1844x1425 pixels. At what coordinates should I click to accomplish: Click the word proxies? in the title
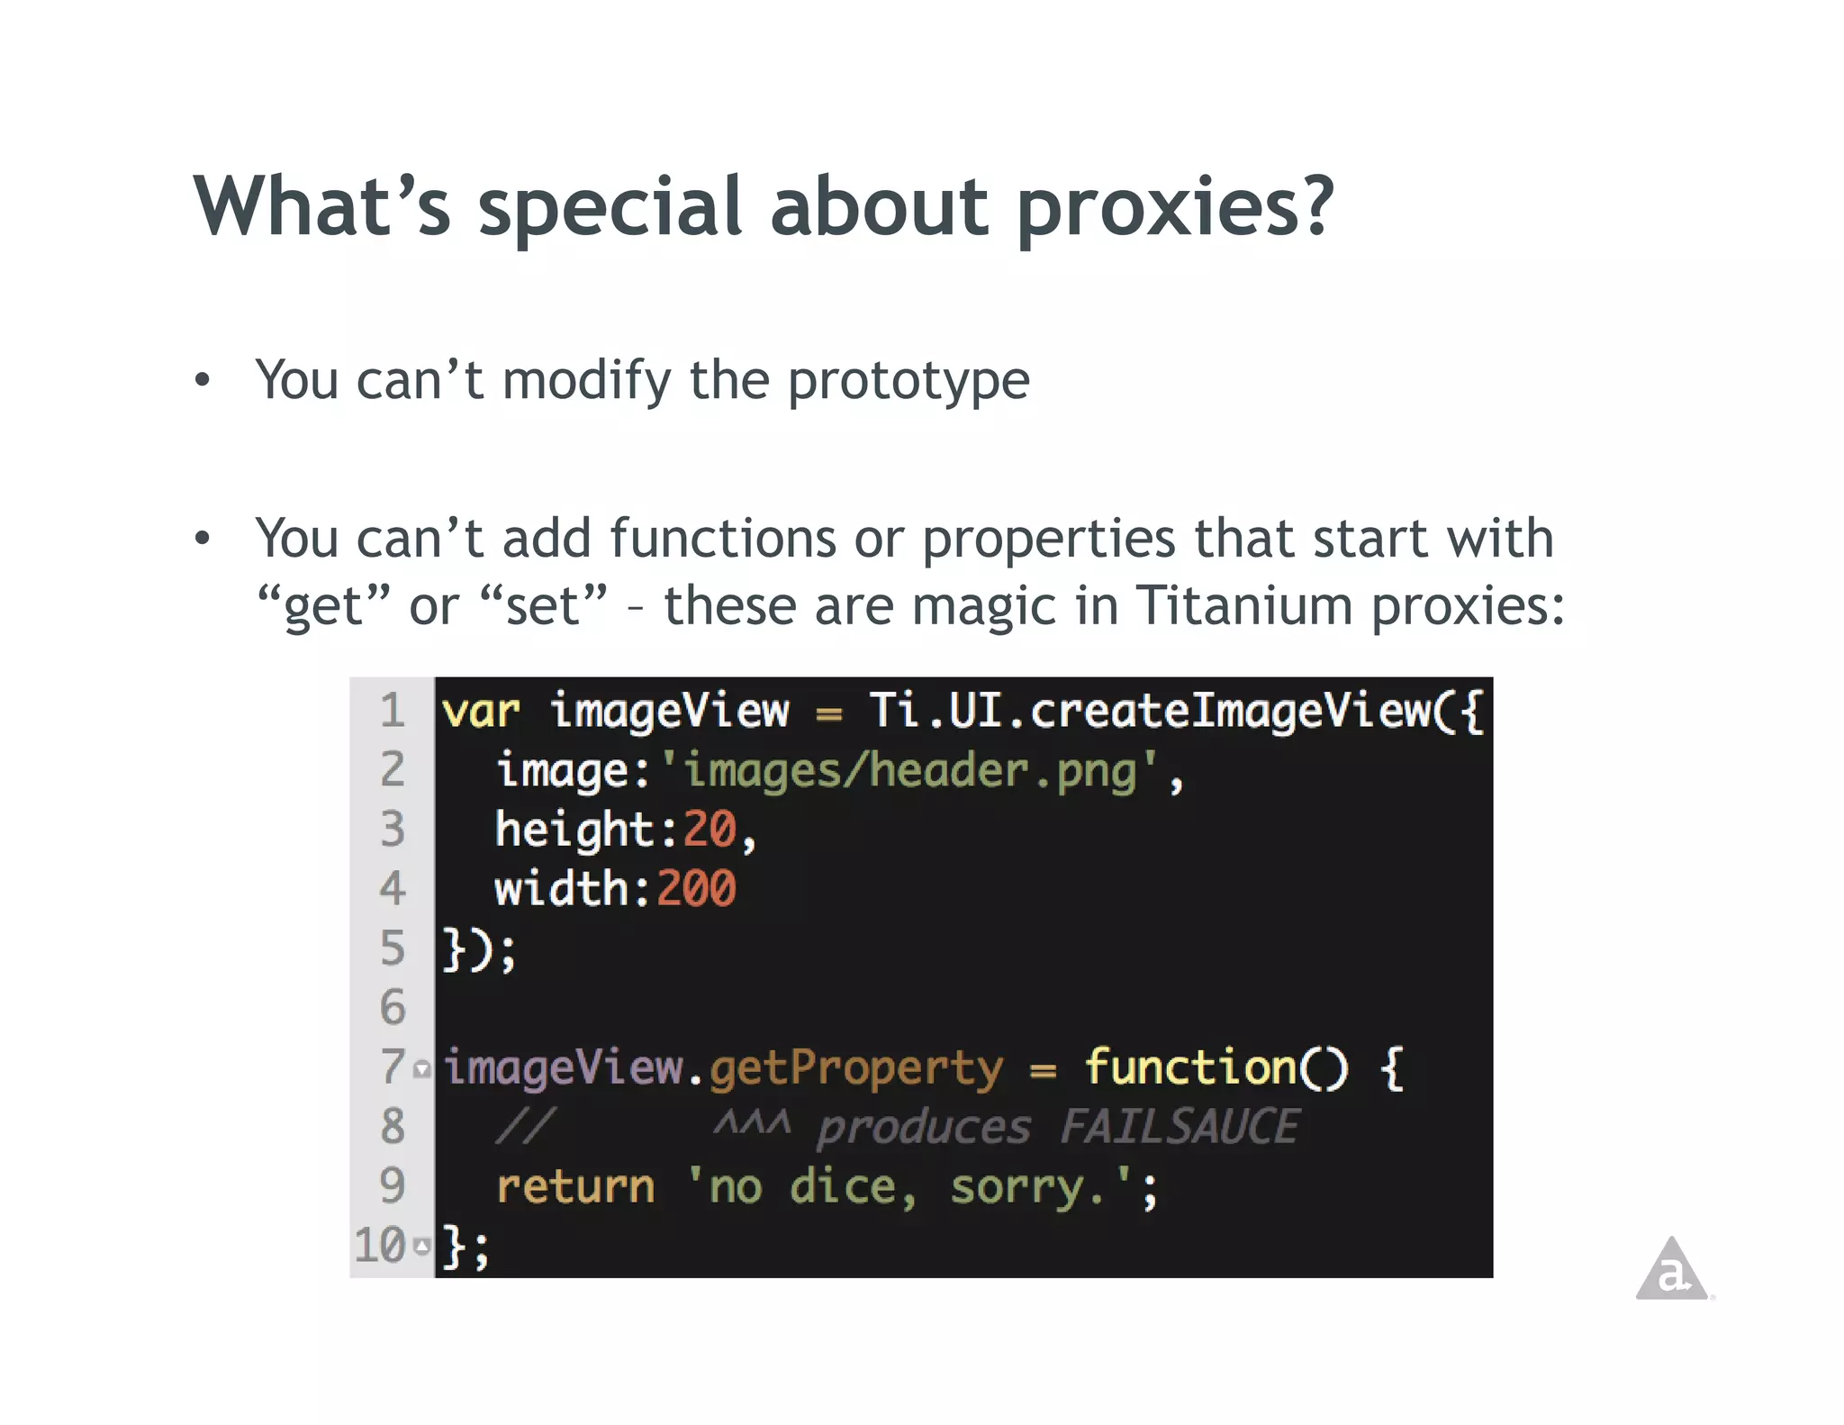point(1174,209)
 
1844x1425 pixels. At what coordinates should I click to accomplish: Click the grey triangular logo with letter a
point(1672,1270)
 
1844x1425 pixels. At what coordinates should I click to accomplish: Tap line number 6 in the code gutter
point(393,1007)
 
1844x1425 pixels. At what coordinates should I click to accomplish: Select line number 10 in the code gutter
point(380,1246)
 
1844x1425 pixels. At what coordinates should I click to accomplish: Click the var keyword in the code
point(481,712)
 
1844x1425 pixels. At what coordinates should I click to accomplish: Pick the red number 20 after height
point(710,830)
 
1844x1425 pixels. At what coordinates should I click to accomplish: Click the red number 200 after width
point(696,889)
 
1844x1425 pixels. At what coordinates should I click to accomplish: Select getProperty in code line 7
point(855,1068)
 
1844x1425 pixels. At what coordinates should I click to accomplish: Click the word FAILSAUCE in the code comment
point(1180,1127)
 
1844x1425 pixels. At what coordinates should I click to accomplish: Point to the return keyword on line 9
point(575,1186)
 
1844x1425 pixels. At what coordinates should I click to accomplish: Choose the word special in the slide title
point(610,209)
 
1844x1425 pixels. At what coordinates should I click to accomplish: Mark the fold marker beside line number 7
point(422,1069)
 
